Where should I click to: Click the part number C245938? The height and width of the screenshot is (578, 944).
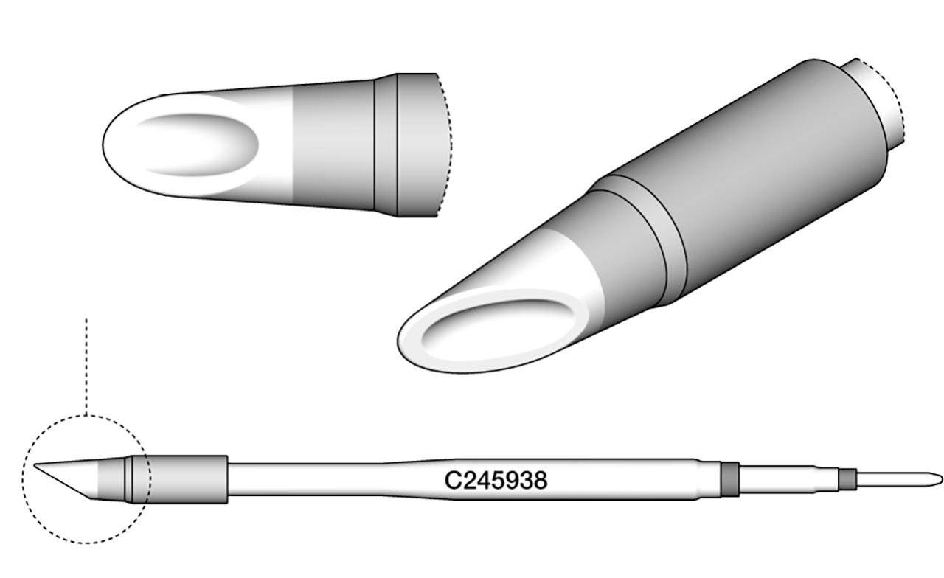[495, 481]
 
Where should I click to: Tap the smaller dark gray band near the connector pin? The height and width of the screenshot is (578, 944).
[847, 479]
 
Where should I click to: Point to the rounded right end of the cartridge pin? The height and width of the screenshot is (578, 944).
[938, 478]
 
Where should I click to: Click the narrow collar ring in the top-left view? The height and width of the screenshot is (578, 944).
[386, 145]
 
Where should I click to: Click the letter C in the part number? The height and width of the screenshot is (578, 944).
[451, 481]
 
